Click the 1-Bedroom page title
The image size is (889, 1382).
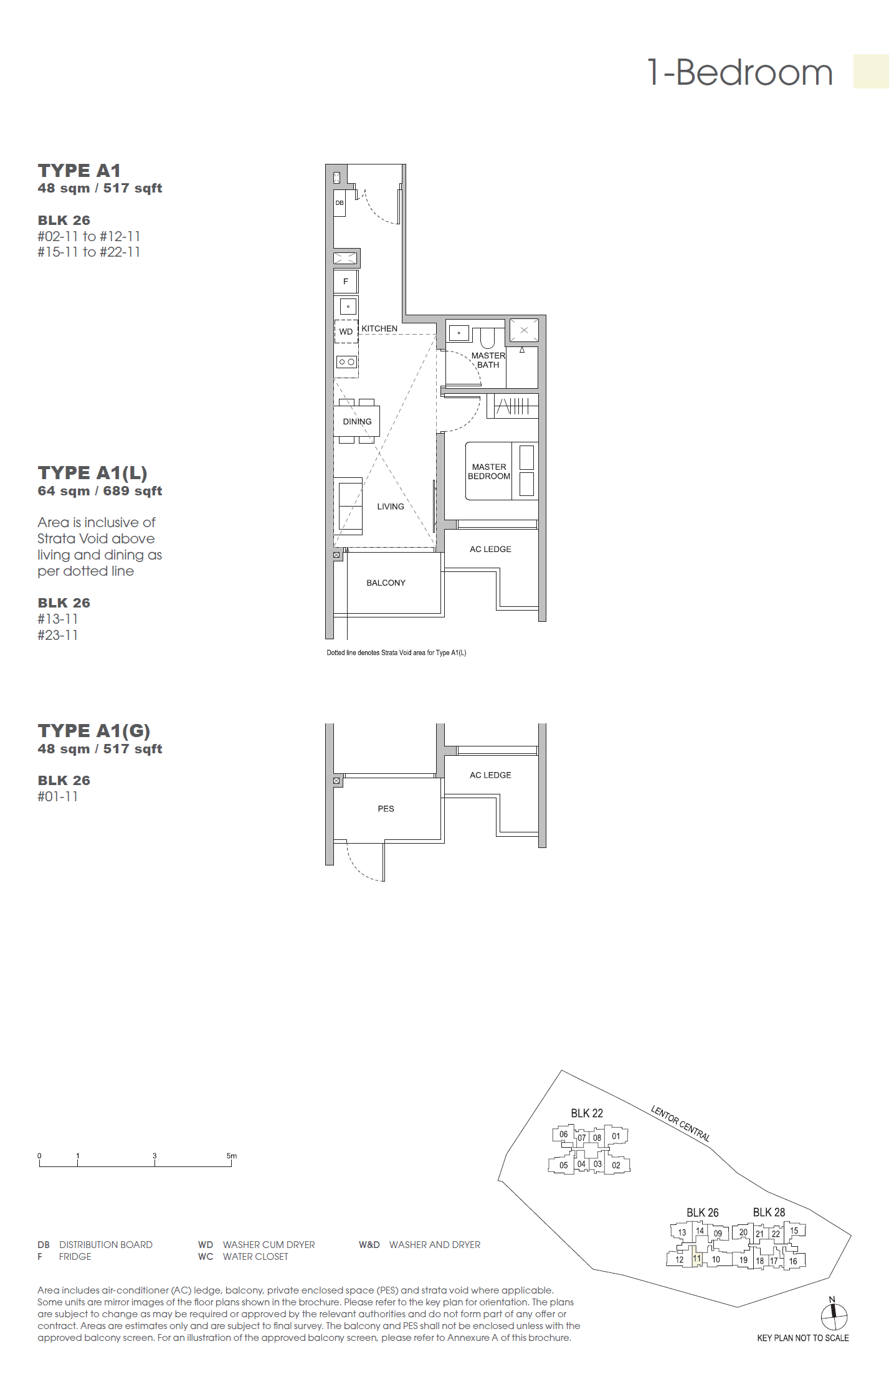(739, 73)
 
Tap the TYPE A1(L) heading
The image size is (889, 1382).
(92, 473)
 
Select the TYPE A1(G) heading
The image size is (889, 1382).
(93, 731)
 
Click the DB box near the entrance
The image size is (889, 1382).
(340, 203)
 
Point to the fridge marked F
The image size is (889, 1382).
(346, 282)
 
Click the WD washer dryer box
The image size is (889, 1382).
(346, 331)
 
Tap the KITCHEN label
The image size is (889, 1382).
(379, 328)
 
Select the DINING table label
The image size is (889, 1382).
(357, 422)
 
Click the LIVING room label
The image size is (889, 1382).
(391, 507)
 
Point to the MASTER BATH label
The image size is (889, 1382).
(488, 360)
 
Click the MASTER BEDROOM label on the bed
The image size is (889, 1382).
(489, 472)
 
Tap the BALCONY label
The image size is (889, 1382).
(386, 583)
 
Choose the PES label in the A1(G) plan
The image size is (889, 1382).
(386, 809)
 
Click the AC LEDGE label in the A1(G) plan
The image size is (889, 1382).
(490, 775)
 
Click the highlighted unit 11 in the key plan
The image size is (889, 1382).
(697, 1259)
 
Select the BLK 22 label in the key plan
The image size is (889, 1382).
(587, 1113)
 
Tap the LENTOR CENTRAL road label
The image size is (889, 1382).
(680, 1123)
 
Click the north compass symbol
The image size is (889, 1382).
(834, 1316)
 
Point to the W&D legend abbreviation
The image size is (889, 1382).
(369, 1244)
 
